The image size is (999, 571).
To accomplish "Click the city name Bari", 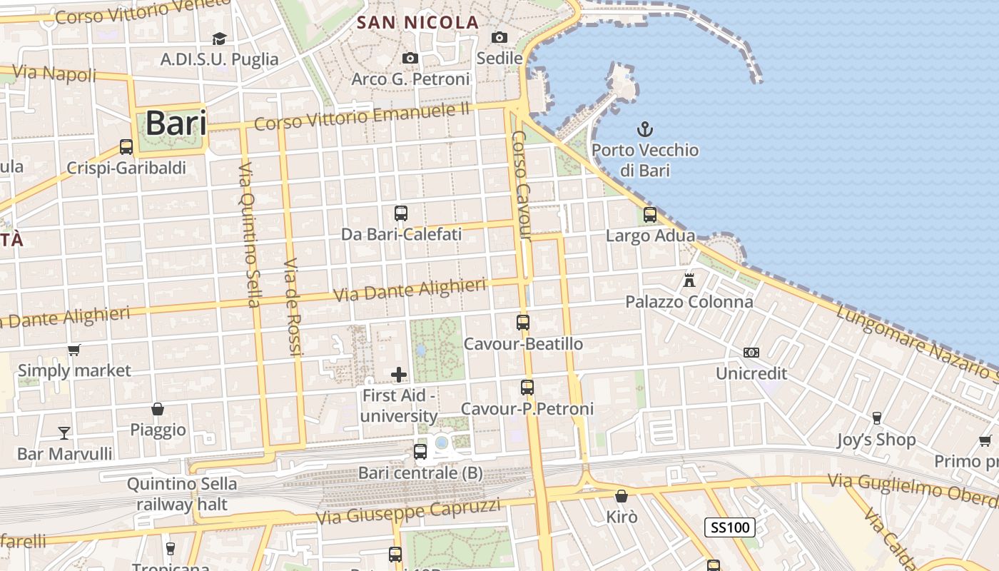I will pos(176,123).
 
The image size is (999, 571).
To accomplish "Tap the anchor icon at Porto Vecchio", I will pos(645,129).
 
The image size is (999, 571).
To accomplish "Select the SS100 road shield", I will pos(730,527).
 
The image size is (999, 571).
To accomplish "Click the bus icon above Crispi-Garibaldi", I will pos(126,147).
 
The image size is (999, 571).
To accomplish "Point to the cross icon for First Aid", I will pos(399,374).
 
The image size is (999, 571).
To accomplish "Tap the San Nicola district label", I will pos(417,23).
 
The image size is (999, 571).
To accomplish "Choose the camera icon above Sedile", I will pos(499,37).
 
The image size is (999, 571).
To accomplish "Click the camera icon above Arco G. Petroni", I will pos(410,58).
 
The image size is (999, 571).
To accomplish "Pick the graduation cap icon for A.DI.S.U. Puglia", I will pos(219,39).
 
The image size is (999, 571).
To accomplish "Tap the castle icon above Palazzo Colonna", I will pos(689,281).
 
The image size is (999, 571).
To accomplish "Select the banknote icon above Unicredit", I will pos(751,353).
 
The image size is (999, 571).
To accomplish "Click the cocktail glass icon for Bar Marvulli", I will pos(64,433).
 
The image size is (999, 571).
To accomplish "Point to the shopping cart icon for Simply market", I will pos(73,350).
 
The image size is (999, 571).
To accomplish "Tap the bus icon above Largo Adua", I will pos(650,214).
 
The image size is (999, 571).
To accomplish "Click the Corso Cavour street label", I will pos(522,185).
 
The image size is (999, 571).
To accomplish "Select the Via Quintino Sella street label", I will pos(249,235).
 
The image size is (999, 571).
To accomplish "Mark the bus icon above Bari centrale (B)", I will pos(420,451).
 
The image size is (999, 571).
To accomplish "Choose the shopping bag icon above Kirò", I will pos(622,495).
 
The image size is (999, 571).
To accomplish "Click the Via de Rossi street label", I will pos(293,306).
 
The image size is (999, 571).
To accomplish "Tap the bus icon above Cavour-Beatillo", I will pos(523,323).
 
